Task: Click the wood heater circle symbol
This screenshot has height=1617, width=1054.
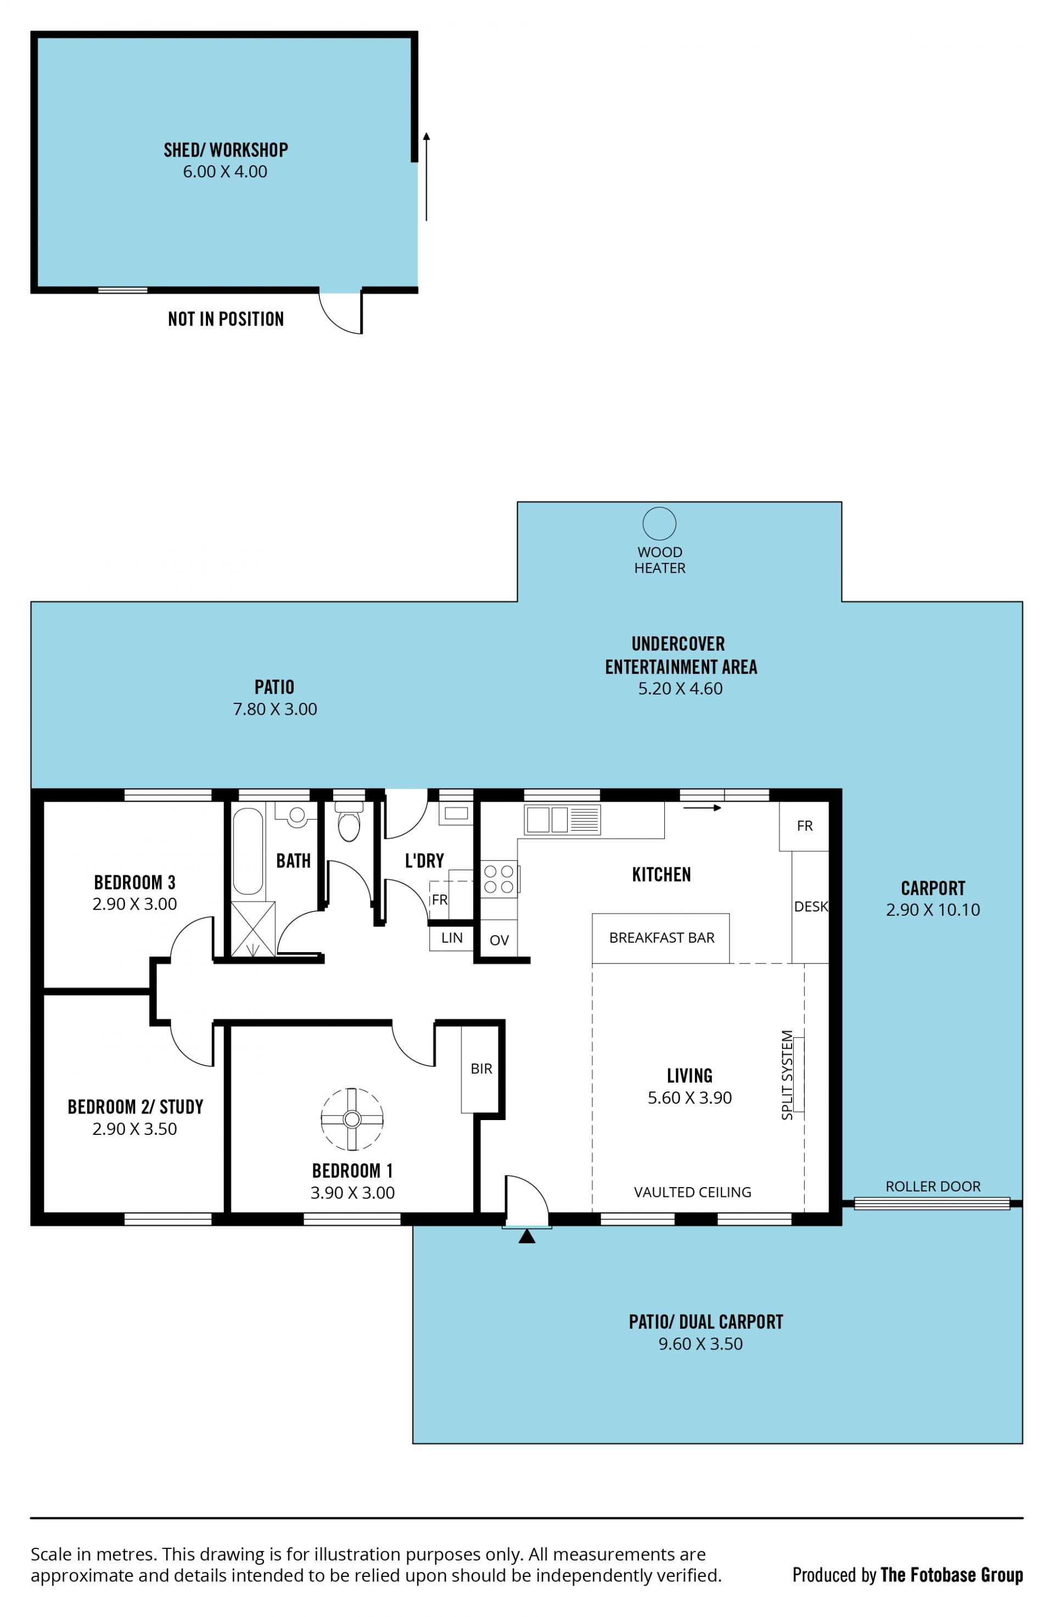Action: coord(659,524)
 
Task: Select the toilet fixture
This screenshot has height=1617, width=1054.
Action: coord(349,821)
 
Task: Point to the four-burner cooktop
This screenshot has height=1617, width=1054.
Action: coord(498,879)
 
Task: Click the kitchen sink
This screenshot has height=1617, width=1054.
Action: coord(562,819)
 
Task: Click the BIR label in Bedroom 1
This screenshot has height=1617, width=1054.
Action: coord(481,1068)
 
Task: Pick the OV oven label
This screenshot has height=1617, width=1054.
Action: coord(498,941)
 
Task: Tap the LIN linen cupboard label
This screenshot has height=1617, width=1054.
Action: coord(452,938)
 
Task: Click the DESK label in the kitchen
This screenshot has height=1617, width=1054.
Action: coord(811,907)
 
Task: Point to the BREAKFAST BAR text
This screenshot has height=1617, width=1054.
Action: coord(661,938)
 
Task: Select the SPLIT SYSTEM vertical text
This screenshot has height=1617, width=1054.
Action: coord(787,1075)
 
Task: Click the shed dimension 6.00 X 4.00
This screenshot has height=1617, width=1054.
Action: coord(225,171)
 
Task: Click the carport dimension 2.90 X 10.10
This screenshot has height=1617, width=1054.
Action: coord(933,910)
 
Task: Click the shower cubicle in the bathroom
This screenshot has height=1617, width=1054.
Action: coord(253,930)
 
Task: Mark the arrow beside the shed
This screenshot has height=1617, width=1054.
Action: coord(427,177)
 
